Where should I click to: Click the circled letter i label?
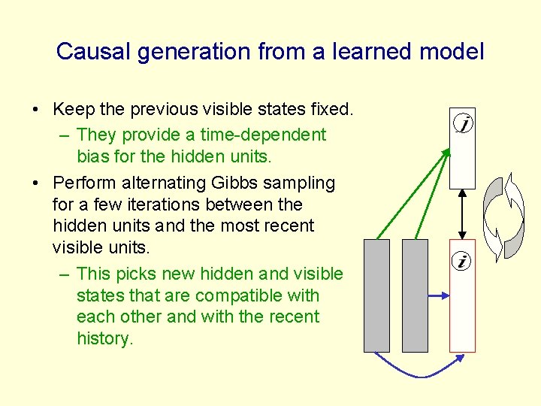coord(461,262)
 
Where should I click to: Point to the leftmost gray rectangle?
coord(376,295)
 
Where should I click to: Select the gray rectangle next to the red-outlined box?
coord(416,295)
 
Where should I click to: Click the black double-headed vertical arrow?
coord(462,214)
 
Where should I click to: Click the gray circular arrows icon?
coord(503,215)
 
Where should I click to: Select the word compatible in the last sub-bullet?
coord(231,295)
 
